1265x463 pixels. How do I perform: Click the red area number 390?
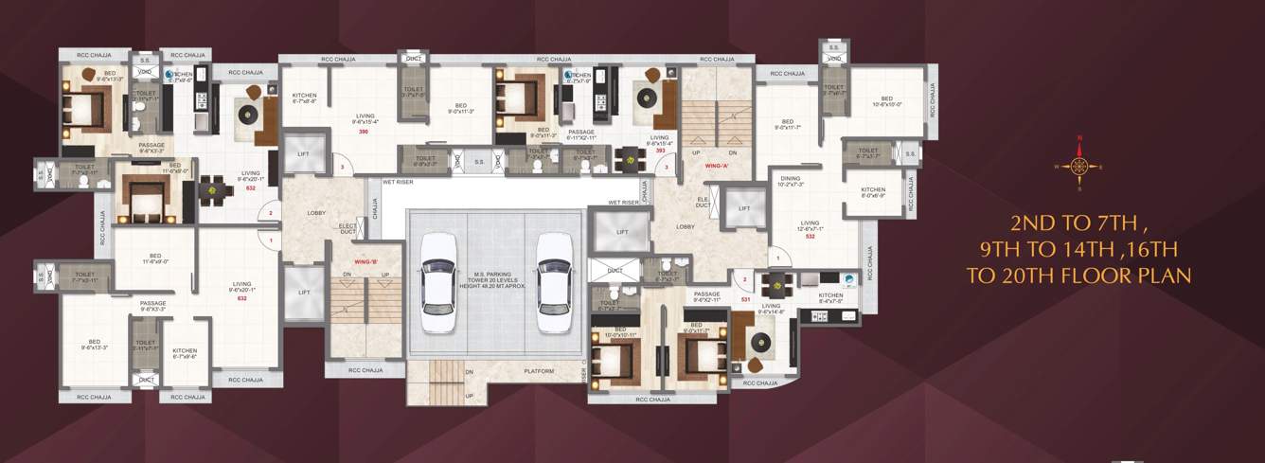[x=364, y=132]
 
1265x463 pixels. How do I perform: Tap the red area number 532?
[x=811, y=236]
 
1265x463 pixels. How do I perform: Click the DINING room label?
[x=791, y=178]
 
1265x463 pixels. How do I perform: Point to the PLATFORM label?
[x=539, y=371]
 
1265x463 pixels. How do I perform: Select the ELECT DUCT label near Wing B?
[x=347, y=227]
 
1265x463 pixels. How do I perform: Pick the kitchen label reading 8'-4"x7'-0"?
[x=831, y=297]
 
